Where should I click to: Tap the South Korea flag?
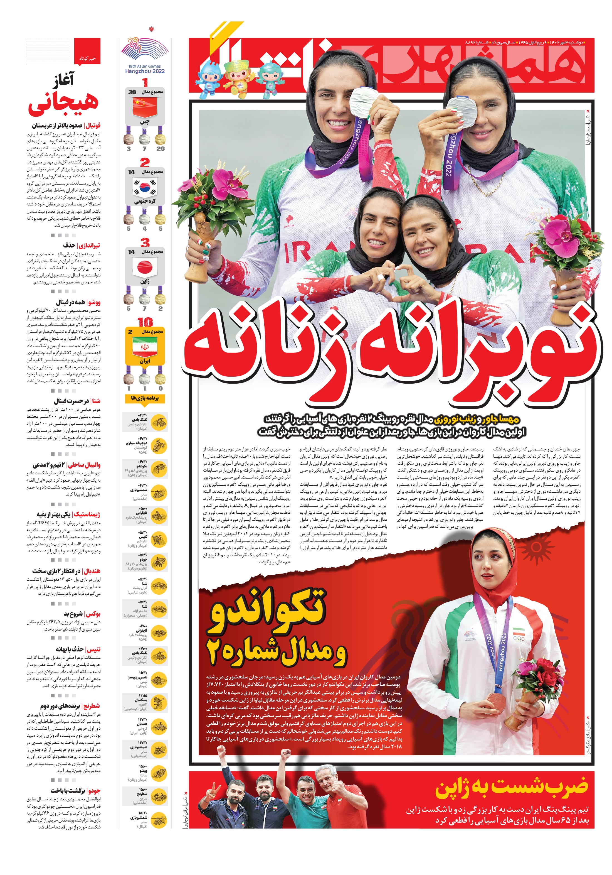coord(144,188)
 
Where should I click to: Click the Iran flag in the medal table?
coord(144,347)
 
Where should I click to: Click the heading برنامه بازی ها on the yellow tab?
coord(145,398)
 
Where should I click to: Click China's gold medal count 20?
coord(160,149)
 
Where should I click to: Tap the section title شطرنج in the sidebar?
coord(92,706)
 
